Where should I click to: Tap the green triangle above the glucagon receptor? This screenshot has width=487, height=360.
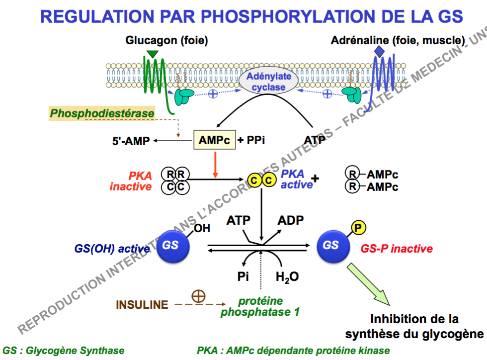(152, 53)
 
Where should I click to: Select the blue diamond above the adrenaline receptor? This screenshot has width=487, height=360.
(380, 52)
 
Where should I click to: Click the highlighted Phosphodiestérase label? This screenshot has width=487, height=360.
(102, 114)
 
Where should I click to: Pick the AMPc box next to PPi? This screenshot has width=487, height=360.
(214, 141)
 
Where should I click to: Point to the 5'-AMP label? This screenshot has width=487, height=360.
(131, 141)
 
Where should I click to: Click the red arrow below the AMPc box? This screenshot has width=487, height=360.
(215, 165)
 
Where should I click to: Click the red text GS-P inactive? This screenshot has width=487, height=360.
(397, 249)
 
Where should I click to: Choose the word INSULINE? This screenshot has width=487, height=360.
(142, 305)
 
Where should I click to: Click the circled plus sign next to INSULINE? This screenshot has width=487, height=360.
(198, 296)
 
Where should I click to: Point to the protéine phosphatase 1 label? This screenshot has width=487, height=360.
(260, 307)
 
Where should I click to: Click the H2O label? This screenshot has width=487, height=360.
(287, 277)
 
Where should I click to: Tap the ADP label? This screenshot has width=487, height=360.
(291, 220)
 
